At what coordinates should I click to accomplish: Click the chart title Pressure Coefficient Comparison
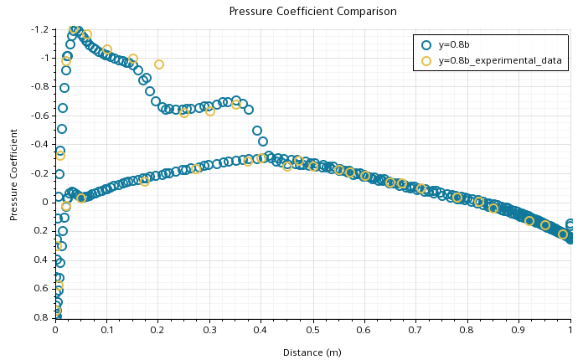point(312,12)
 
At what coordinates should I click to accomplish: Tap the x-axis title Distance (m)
point(312,352)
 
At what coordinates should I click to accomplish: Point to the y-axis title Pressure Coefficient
point(14,173)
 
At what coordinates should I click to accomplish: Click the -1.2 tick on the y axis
point(39,29)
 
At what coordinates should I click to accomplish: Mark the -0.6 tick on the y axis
point(39,116)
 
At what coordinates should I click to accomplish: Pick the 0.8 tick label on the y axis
point(41,318)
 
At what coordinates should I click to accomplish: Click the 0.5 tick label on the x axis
point(312,330)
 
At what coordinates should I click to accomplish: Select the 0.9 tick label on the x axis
point(519,330)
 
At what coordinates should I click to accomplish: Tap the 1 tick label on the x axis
point(570,330)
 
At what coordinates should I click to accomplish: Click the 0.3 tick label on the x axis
point(209,330)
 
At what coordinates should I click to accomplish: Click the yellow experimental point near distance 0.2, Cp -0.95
point(158,64)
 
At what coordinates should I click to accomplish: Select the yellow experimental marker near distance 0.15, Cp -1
point(133,59)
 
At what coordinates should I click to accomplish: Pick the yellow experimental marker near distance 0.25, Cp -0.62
point(184,112)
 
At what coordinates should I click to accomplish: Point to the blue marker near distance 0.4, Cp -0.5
point(257,131)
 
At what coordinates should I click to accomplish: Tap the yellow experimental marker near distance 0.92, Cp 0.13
point(529,221)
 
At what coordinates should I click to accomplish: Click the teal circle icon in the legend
point(426,45)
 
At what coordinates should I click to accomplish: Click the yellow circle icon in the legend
point(426,61)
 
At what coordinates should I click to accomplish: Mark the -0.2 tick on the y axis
point(39,173)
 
